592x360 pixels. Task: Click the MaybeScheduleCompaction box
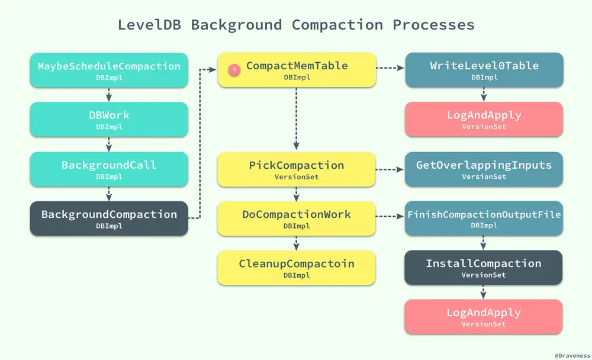[109, 70]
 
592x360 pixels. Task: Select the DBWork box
[109, 119]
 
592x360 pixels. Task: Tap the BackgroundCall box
[109, 169]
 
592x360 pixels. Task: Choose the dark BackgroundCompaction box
[109, 218]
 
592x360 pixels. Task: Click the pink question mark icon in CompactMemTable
[234, 70]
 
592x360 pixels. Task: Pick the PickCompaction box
[297, 169]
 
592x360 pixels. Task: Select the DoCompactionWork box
[297, 218]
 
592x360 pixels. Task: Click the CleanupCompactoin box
[297, 268]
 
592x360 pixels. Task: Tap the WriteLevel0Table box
[484, 70]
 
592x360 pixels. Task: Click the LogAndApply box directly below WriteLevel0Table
[484, 119]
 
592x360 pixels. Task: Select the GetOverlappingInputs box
[484, 169]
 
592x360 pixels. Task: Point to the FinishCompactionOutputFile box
[484, 218]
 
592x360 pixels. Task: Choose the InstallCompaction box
[484, 268]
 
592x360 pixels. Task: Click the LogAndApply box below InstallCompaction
[484, 317]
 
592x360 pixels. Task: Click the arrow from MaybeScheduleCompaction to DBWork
[109, 94]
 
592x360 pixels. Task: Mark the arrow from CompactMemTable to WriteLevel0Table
[390, 67]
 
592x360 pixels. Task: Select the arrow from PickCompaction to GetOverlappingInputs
[390, 169]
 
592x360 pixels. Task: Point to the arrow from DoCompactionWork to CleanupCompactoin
[297, 243]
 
